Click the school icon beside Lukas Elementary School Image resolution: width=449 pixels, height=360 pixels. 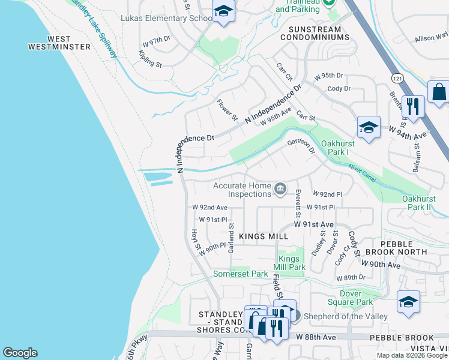point(223,12)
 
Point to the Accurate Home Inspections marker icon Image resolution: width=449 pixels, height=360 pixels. point(280,190)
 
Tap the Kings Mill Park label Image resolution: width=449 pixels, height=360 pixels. point(292,263)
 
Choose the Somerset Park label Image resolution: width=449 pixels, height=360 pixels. point(241,274)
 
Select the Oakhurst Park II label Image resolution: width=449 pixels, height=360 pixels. point(424,203)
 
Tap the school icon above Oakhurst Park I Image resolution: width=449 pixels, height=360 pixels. point(369,127)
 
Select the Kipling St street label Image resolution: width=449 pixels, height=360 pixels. point(148,60)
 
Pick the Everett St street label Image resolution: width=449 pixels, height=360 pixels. point(298,203)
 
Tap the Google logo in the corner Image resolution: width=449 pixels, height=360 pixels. point(20,353)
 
